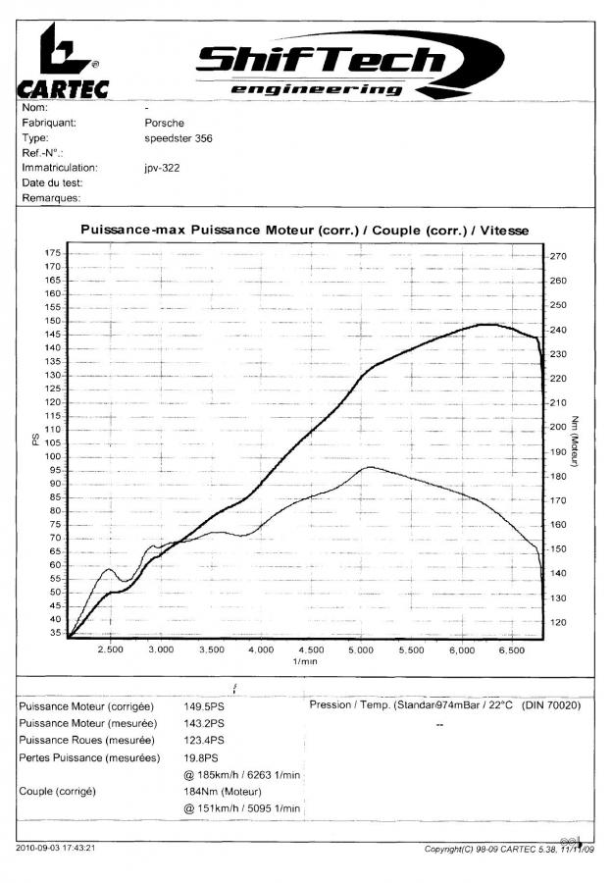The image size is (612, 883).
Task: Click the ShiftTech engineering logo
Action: [x=320, y=69]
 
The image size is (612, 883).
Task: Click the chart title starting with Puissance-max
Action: [x=304, y=230]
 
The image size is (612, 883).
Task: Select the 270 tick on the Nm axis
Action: [x=559, y=257]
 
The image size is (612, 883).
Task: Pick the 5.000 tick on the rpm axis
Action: [x=362, y=649]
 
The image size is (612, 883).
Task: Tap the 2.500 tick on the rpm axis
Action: [x=111, y=649]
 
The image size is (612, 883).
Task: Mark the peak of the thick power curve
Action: [x=484, y=324]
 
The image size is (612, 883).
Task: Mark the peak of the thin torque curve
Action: [x=368, y=467]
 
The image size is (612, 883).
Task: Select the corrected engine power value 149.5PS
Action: [x=204, y=705]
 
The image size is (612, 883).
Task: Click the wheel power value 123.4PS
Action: [x=204, y=741]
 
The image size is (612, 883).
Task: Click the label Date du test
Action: [x=52, y=182]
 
